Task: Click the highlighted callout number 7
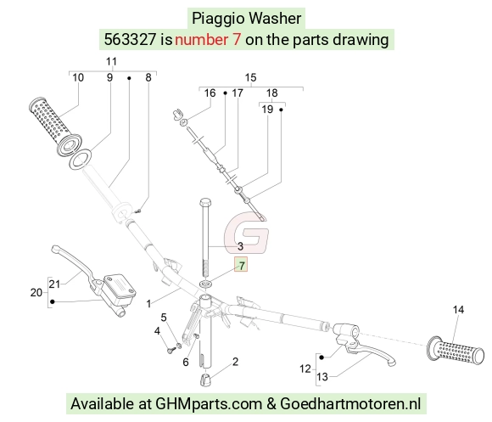[x=241, y=266]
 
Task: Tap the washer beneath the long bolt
[x=206, y=284]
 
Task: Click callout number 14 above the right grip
[x=458, y=310]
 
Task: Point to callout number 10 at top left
[x=78, y=77]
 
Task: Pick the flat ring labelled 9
[x=80, y=159]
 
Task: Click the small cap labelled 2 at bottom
[x=205, y=380]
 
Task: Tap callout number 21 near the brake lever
[x=54, y=284]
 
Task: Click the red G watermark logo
[x=247, y=233]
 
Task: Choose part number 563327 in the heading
[x=130, y=40]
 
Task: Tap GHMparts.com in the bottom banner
[x=209, y=403]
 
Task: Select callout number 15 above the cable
[x=250, y=77]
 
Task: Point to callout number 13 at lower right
[x=322, y=376]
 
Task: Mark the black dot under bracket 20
[x=53, y=301]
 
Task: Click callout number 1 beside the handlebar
[x=148, y=304]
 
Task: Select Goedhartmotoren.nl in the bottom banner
[x=350, y=403]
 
